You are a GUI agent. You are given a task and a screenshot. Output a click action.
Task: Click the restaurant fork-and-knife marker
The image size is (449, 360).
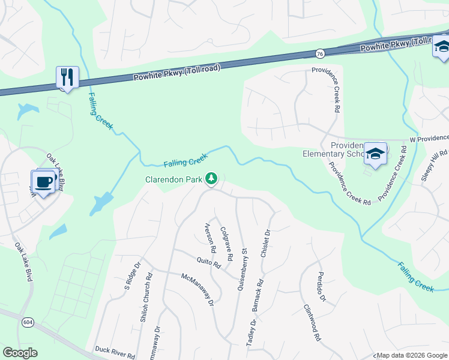[67, 76]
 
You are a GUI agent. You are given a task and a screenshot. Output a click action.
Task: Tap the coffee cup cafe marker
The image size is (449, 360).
[43, 181]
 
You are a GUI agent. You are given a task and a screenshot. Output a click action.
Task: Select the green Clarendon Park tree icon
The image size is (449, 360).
[211, 178]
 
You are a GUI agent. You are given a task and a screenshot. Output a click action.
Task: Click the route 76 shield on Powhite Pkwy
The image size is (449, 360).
[320, 54]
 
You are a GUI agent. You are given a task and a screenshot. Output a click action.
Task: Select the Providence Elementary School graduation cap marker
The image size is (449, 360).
[375, 154]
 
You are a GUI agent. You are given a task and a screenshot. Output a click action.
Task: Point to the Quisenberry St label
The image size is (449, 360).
[242, 270]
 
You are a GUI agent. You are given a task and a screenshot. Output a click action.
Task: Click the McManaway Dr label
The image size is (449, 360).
[198, 290]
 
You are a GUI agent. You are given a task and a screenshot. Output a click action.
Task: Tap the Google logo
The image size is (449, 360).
[20, 353]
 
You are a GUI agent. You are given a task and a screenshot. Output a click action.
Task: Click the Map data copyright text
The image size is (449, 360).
[411, 356]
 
